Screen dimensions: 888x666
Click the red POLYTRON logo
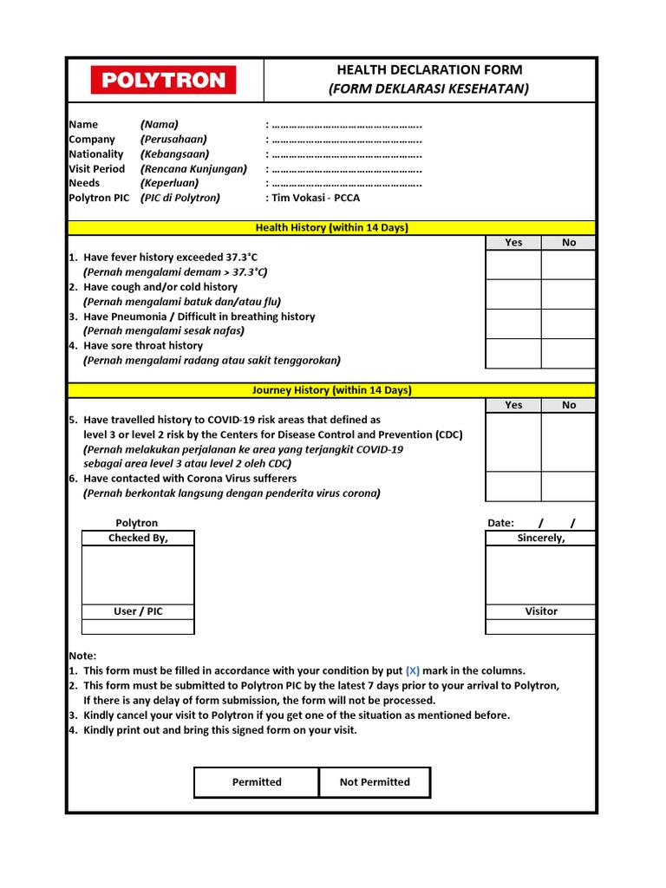[163, 81]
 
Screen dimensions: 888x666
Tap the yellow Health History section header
[331, 228]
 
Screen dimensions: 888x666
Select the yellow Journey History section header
[331, 390]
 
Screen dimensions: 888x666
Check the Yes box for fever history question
[513, 264]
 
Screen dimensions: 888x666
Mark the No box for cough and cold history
[569, 294]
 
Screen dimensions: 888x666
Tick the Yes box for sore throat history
[513, 353]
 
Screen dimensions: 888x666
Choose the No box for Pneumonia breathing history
[569, 323]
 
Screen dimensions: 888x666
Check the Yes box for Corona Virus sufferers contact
[513, 486]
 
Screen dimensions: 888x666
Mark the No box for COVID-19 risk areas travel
[569, 441]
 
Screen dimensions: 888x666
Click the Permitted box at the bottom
[257, 782]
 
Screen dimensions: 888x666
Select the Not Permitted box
[375, 782]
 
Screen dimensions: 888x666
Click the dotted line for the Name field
[346, 125]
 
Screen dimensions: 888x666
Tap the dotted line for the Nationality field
[346, 154]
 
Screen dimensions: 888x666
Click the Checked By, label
[138, 539]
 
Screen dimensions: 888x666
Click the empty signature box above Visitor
[540, 574]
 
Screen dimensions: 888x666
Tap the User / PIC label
[138, 611]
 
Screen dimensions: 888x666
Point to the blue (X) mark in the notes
[413, 671]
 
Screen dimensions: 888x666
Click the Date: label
[501, 523]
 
